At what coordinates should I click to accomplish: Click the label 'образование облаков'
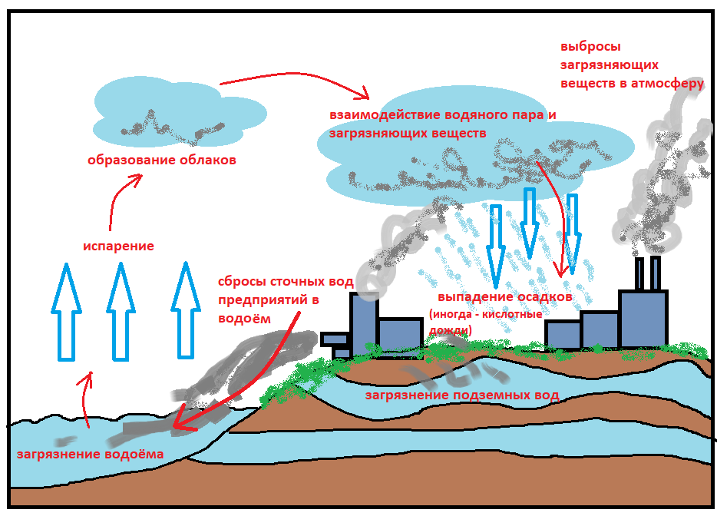[x=160, y=160]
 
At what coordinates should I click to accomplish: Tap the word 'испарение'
[x=118, y=246]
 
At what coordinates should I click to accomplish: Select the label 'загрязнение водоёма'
[x=90, y=454]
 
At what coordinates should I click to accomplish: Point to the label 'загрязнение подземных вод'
[x=461, y=395]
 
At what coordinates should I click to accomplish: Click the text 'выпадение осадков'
[x=505, y=297]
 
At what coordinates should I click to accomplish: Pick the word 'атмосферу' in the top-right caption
[x=667, y=84]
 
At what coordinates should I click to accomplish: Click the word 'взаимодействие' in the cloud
[x=385, y=115]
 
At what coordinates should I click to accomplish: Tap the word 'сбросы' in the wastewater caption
[x=240, y=281]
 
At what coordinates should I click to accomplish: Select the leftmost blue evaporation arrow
[x=66, y=310]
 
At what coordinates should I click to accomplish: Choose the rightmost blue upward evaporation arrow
[x=185, y=310]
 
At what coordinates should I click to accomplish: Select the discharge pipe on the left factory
[x=335, y=339]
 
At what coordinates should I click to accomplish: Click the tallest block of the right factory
[x=642, y=317]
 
